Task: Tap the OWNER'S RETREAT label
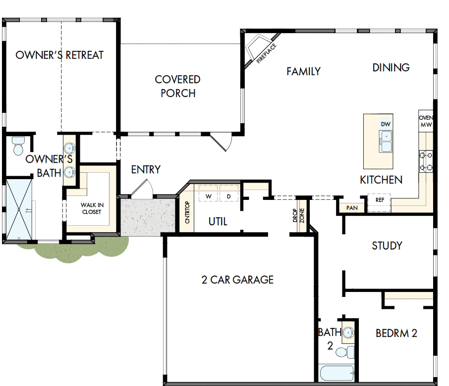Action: pyautogui.click(x=59, y=55)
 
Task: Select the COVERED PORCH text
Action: pyautogui.click(x=177, y=86)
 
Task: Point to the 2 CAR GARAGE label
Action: pyautogui.click(x=237, y=280)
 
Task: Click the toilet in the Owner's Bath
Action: pyautogui.click(x=18, y=146)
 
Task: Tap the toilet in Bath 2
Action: pyautogui.click(x=344, y=352)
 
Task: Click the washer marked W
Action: pyautogui.click(x=209, y=196)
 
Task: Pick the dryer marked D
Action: pyautogui.click(x=229, y=196)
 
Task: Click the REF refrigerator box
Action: pyautogui.click(x=380, y=200)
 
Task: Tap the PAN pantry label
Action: pyautogui.click(x=352, y=208)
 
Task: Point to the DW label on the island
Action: pyautogui.click(x=386, y=124)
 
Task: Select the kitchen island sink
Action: pyautogui.click(x=386, y=142)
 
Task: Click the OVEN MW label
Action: pyautogui.click(x=426, y=122)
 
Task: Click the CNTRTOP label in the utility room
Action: pyautogui.click(x=187, y=213)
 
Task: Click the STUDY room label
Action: pyautogui.click(x=387, y=245)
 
